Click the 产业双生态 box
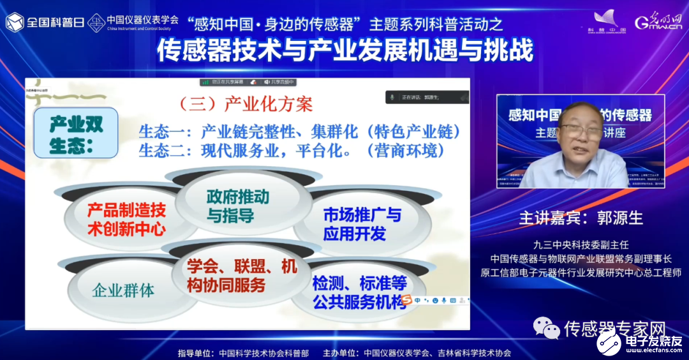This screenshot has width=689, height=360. (76, 133)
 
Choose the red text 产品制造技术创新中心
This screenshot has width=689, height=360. (127, 219)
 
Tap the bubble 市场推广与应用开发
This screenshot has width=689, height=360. (362, 224)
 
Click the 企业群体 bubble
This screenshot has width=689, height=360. (123, 290)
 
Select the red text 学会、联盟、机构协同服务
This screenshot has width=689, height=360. (243, 276)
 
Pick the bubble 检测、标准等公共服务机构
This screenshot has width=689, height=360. (360, 292)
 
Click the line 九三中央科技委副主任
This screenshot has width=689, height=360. (581, 244)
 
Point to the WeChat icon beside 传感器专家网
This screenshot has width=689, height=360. (547, 328)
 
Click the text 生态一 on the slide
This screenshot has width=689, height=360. (160, 132)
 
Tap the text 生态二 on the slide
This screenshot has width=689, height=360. (160, 152)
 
